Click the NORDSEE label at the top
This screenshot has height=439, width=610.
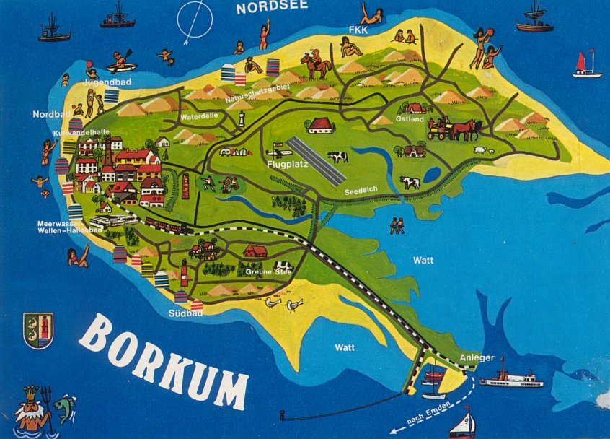click(x=272, y=7)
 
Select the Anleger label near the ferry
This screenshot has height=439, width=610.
click(x=476, y=357)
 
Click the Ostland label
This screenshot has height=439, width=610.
click(x=410, y=120)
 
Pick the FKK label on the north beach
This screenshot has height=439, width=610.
click(x=358, y=30)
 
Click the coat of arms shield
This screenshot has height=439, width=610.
click(x=38, y=330)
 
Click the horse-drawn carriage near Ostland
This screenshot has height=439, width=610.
click(x=454, y=129)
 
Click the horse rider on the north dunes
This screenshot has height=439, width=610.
click(x=315, y=64)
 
